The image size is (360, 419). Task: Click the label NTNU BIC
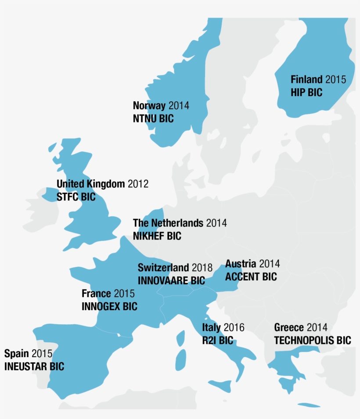coord(153,118)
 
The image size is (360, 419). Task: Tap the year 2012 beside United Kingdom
coord(138,184)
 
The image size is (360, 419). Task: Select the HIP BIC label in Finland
coord(306,93)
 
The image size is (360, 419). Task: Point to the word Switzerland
coord(163,268)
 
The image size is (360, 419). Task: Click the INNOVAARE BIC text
coord(171,280)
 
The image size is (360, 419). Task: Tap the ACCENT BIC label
coord(251,277)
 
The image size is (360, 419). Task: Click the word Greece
coord(289,327)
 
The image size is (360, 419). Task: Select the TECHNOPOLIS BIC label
coord(313,340)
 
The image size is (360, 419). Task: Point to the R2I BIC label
coord(218,340)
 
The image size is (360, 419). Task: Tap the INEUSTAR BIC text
coord(34,366)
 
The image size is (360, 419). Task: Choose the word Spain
coord(16,353)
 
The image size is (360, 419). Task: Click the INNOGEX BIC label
coord(109,306)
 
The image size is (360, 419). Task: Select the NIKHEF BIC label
coord(157,236)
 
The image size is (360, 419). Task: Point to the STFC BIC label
coord(76,197)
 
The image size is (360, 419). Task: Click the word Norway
coord(149,105)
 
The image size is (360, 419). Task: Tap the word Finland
coord(306,79)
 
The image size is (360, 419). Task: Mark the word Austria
coord(241,264)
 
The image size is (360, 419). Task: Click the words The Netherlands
coord(168,223)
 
